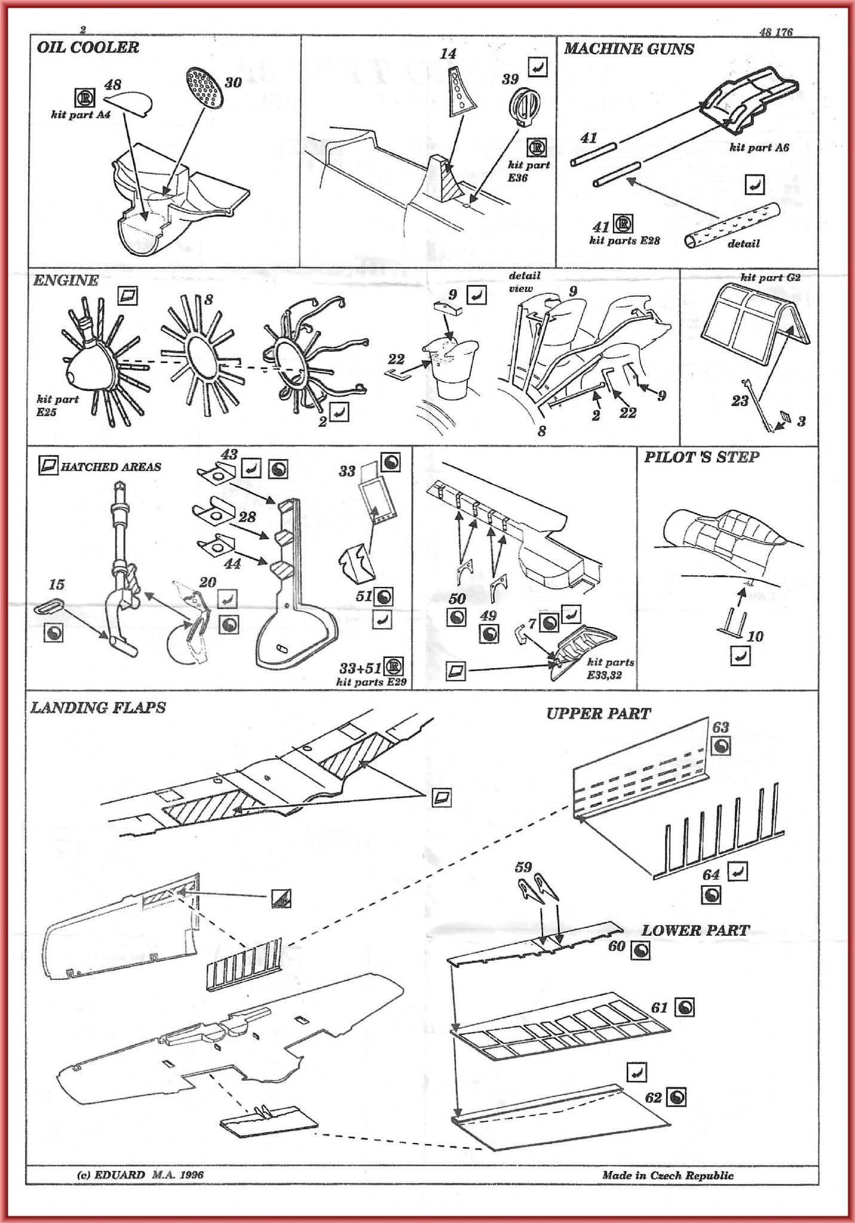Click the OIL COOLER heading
click(88, 47)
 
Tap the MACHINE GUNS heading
click(629, 49)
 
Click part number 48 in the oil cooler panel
click(113, 85)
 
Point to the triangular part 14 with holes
click(462, 90)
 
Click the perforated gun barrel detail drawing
click(733, 225)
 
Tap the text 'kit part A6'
click(759, 148)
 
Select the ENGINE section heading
click(66, 280)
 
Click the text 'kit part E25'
click(57, 405)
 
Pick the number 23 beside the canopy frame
click(740, 400)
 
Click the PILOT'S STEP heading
click(701, 457)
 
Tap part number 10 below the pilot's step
click(755, 636)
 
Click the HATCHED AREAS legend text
click(111, 466)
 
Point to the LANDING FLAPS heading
click(98, 708)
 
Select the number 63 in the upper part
click(721, 727)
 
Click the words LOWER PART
click(695, 930)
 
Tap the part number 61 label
click(659, 1007)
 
